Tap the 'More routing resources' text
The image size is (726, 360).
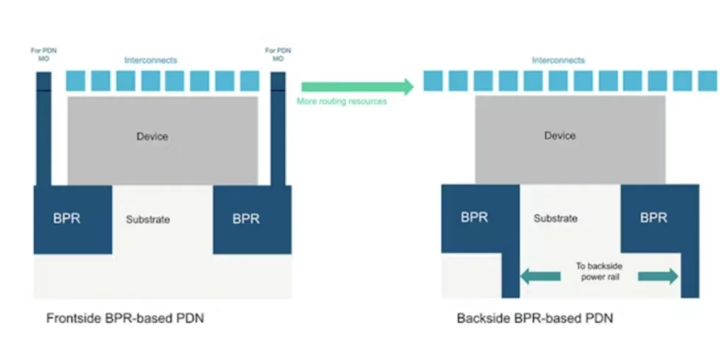click(342, 102)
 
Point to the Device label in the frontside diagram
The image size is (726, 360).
click(152, 136)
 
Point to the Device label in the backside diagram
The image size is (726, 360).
click(559, 135)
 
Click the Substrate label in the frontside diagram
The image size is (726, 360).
click(148, 220)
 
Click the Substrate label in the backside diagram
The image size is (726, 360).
click(555, 218)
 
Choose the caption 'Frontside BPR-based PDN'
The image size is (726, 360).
click(125, 319)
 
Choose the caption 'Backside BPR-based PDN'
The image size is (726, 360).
click(535, 319)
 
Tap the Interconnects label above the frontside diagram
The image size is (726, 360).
click(150, 60)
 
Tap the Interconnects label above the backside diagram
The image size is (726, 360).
click(559, 60)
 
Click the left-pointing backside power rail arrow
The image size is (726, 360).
click(540, 276)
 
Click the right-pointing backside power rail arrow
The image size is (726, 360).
click(658, 276)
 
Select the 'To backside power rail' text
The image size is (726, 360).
click(599, 271)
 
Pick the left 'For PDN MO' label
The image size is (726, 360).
click(43, 54)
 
